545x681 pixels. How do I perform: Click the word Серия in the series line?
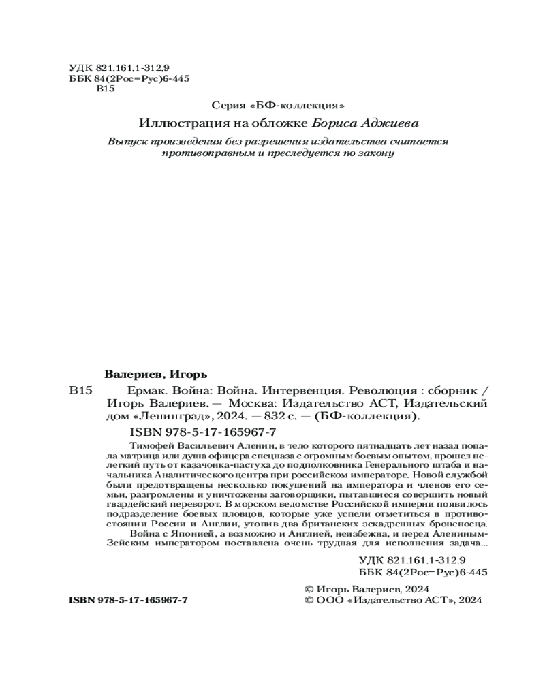point(226,106)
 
